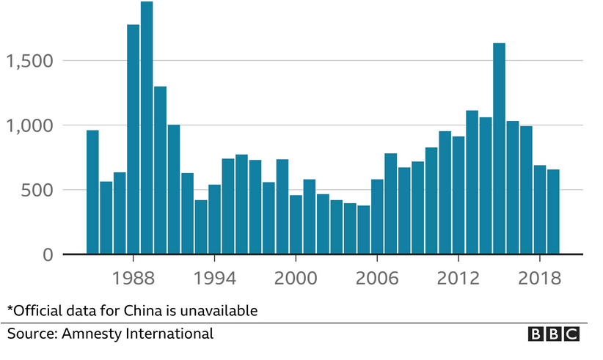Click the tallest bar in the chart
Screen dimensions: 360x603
147,128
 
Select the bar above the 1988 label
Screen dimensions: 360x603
134,139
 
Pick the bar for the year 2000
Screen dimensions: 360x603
296,224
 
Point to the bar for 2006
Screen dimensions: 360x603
377,216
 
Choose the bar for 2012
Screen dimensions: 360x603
458,195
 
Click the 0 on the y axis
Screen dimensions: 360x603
49,255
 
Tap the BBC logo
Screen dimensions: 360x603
554,334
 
